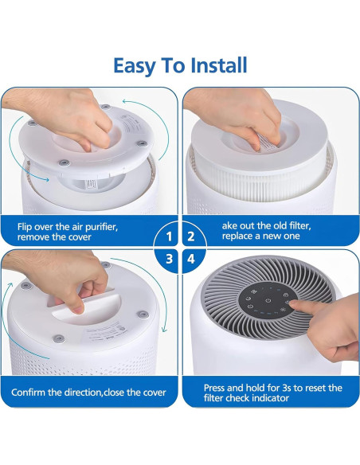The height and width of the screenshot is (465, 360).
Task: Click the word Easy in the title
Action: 135,67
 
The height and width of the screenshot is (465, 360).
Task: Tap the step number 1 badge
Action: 169,236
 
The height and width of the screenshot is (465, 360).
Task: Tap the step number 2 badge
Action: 191,236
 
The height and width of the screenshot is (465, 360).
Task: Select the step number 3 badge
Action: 169,259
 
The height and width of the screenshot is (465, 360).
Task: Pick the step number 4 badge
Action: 191,259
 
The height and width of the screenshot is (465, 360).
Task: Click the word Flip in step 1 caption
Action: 25,227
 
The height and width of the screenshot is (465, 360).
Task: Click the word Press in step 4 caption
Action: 215,388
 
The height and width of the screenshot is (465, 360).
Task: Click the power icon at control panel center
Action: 268,301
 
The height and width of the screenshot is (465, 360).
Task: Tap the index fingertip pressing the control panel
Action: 292,303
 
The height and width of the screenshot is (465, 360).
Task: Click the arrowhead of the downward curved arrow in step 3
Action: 164,330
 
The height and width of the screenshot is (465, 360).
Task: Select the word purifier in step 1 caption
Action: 101,227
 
